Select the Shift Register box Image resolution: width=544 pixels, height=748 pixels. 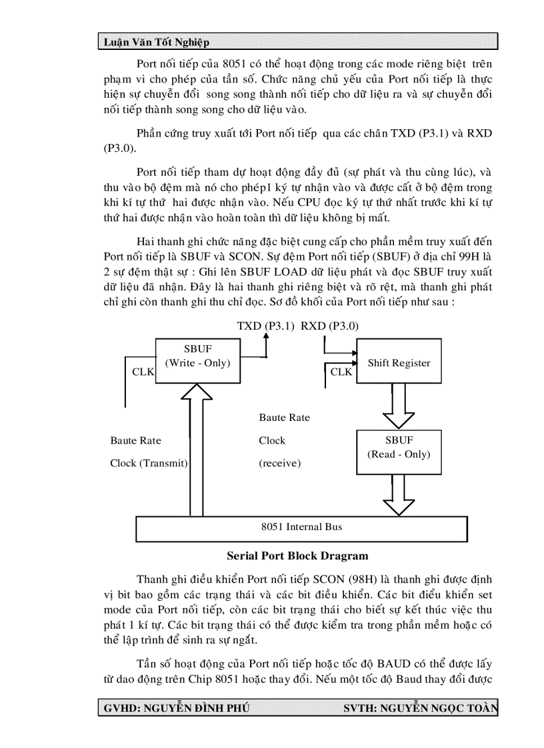point(399,363)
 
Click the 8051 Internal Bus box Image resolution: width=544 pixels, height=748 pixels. point(301,527)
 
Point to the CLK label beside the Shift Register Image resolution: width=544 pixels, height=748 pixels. point(341,372)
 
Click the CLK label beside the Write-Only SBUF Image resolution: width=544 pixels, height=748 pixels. point(143,372)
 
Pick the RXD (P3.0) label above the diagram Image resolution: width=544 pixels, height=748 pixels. point(329,326)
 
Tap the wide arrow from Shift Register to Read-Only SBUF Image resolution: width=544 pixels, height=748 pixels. point(399,406)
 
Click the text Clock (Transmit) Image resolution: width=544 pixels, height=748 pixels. point(149,463)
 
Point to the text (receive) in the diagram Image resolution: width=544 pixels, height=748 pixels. point(279,463)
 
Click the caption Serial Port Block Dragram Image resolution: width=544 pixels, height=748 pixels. point(297,556)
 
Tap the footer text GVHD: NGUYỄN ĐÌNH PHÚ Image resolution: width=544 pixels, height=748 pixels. point(177,708)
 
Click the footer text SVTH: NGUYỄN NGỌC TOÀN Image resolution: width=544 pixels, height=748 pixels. point(420,708)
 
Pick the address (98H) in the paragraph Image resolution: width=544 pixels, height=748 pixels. point(364,579)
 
